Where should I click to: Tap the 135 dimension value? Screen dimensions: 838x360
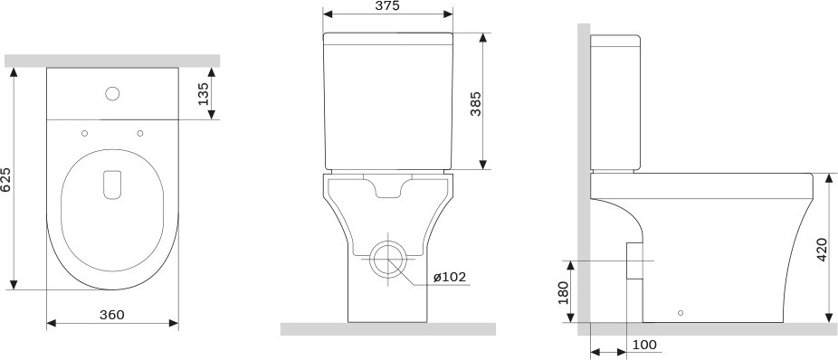point(203,94)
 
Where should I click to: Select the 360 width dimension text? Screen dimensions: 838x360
point(112,315)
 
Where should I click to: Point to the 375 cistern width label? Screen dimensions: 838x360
point(387,5)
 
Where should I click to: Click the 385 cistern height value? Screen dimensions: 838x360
point(475,104)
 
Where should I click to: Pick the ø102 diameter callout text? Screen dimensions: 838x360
point(450,277)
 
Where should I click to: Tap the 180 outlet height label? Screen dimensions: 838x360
point(563,291)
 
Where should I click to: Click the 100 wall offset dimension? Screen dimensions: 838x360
point(644,345)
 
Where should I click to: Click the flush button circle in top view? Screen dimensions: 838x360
point(112,93)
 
